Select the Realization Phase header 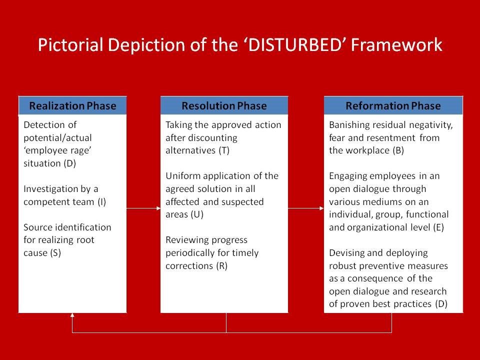tap(72, 105)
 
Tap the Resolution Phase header tap(224, 105)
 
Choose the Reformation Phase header tap(393, 105)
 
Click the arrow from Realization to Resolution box tap(143, 208)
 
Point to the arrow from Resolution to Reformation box tap(306, 208)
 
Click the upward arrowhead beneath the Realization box tap(72, 315)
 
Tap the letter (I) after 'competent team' tap(101, 202)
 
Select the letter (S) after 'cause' tap(55, 253)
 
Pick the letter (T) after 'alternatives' tap(224, 150)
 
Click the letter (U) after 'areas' tap(197, 214)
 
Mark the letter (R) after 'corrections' tap(221, 265)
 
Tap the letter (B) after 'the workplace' tap(398, 150)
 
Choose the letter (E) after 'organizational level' tap(438, 227)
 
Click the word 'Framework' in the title tap(396, 44)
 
